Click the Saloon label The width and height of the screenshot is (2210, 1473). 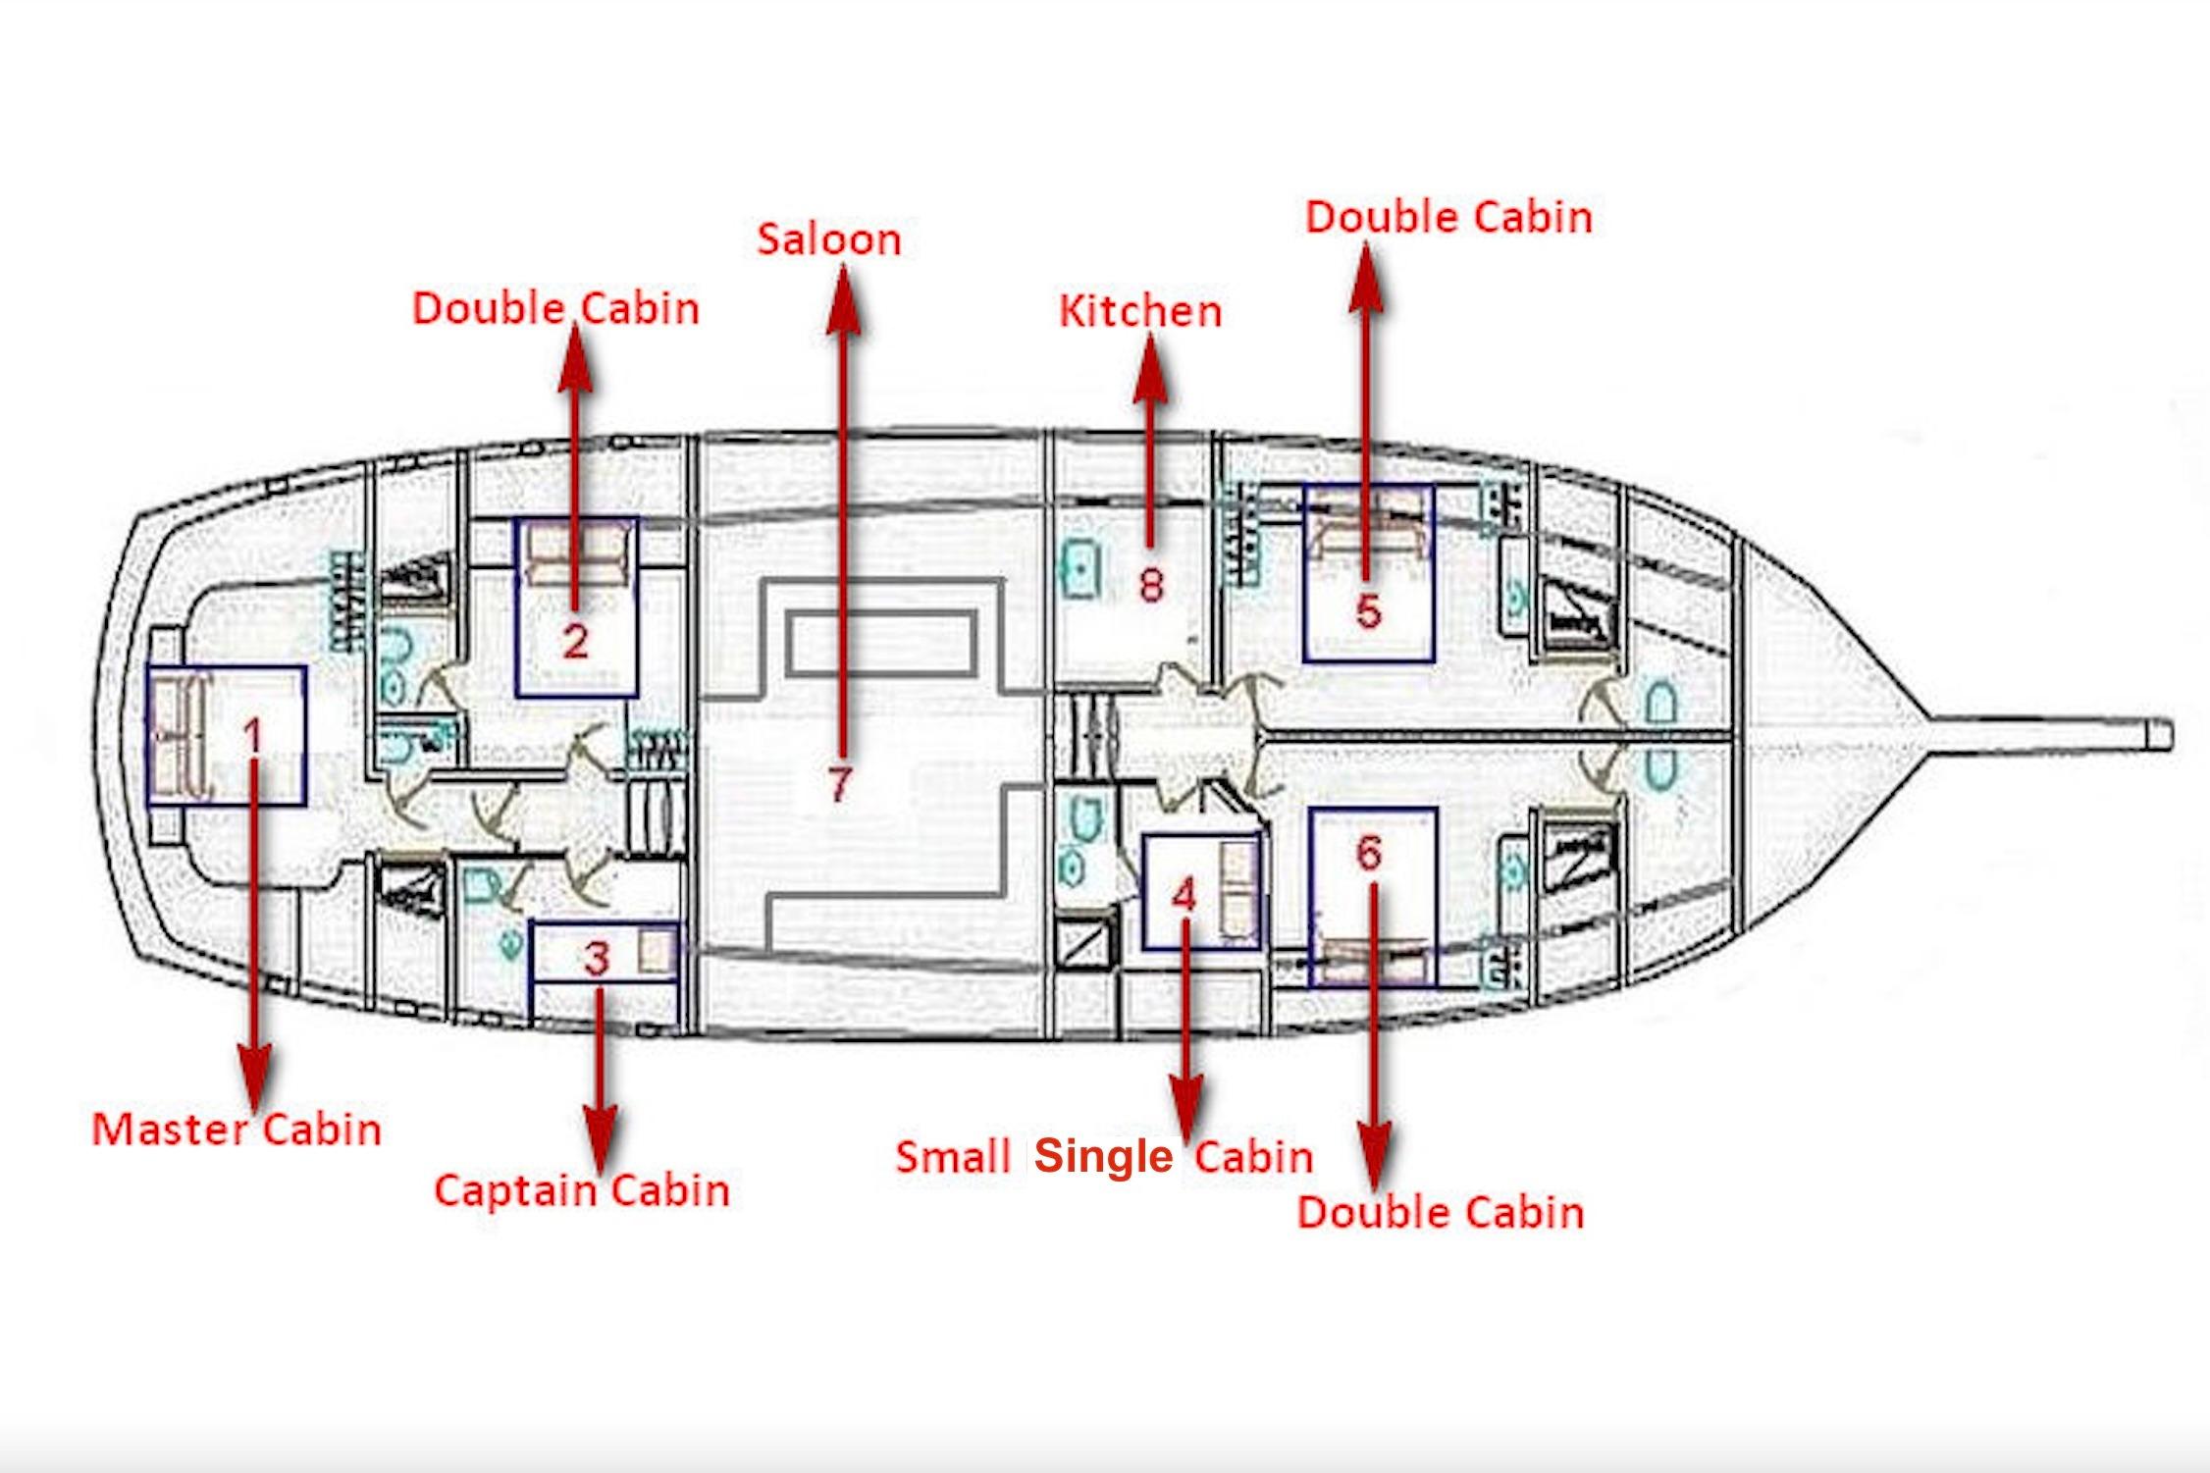point(829,239)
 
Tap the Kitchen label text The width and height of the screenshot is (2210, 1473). point(1140,311)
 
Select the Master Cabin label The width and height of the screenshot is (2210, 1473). point(237,1129)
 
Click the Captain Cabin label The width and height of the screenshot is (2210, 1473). point(582,1190)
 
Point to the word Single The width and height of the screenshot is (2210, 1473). point(1104,1157)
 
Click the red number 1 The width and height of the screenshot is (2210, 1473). point(253,737)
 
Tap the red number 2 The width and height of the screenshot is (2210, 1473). point(575,642)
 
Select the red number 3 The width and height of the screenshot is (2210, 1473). point(597,959)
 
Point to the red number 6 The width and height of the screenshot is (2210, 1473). point(1369,852)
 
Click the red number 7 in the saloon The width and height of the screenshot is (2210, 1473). point(839,783)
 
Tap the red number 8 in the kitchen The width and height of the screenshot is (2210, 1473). point(1151,585)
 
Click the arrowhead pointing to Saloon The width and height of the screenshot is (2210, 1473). point(842,300)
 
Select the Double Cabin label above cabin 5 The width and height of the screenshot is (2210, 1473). point(1448,217)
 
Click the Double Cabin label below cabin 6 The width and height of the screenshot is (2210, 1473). point(1441,1212)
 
